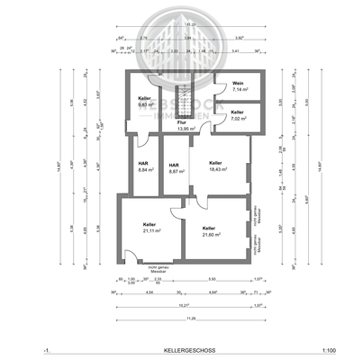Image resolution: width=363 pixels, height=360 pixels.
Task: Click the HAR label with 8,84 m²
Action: pos(143,165)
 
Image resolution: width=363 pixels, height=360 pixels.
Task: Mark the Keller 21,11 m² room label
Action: pos(149,226)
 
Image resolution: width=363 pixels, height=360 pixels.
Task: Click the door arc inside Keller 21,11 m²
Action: pos(127,208)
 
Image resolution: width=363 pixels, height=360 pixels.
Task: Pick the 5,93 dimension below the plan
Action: pos(211,278)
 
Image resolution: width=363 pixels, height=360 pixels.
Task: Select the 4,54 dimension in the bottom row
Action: pos(148,292)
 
